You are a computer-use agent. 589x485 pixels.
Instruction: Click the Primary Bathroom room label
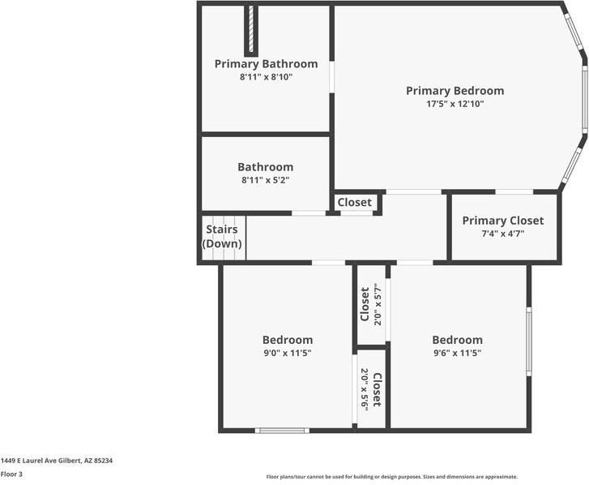click(266, 64)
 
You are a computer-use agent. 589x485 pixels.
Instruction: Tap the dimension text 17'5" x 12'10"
click(455, 104)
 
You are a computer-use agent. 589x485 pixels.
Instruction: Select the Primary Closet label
click(502, 221)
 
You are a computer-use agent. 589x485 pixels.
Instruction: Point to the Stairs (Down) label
click(222, 237)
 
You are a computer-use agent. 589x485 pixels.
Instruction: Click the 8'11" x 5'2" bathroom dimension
click(265, 180)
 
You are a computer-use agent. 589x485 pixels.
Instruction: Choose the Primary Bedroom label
click(455, 91)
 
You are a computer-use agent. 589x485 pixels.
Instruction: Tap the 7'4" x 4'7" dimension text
click(502, 234)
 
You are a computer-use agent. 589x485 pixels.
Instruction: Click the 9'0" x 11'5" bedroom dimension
click(287, 353)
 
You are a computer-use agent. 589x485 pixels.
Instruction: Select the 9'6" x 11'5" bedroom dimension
click(457, 353)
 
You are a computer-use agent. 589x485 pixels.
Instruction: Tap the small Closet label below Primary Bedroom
click(354, 202)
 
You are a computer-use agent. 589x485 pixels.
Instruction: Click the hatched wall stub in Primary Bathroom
click(251, 30)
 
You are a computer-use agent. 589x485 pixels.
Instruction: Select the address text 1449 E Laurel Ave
click(57, 460)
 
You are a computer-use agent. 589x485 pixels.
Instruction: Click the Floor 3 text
click(12, 474)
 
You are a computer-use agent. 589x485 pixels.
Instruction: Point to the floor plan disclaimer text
click(392, 477)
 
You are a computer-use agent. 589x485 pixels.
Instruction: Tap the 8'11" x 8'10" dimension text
click(266, 77)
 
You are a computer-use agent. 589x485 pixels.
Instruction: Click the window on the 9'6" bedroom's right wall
click(529, 341)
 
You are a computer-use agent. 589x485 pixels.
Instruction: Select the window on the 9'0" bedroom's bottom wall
click(281, 430)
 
